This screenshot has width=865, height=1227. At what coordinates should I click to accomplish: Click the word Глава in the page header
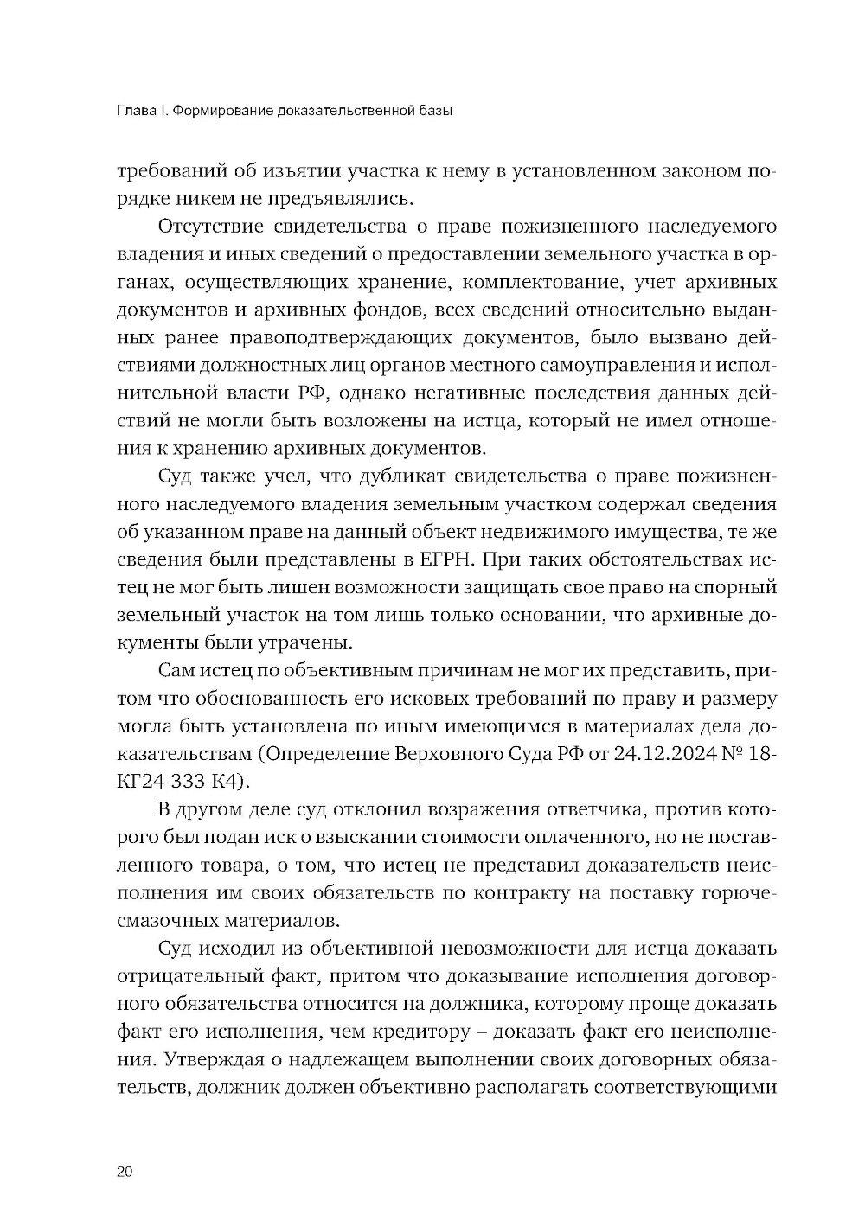[x=134, y=111]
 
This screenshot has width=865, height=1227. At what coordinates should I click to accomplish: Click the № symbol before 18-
[x=735, y=753]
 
